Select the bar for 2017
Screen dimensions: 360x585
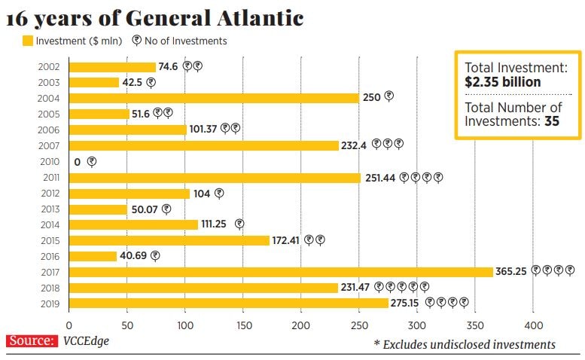tap(280, 272)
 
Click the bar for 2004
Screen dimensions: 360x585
tap(213, 98)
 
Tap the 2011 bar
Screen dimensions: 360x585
tap(215, 178)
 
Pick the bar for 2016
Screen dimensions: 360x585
tap(93, 256)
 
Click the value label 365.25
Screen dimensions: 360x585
tap(511, 271)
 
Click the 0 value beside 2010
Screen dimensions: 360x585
tap(78, 162)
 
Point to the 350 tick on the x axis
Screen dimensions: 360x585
tap(474, 325)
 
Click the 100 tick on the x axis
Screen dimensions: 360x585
tap(184, 325)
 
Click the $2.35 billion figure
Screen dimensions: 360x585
tap(503, 82)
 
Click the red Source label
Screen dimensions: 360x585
tap(32, 341)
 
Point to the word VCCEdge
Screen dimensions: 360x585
tap(87, 341)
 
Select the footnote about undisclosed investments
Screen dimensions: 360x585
tap(465, 344)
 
